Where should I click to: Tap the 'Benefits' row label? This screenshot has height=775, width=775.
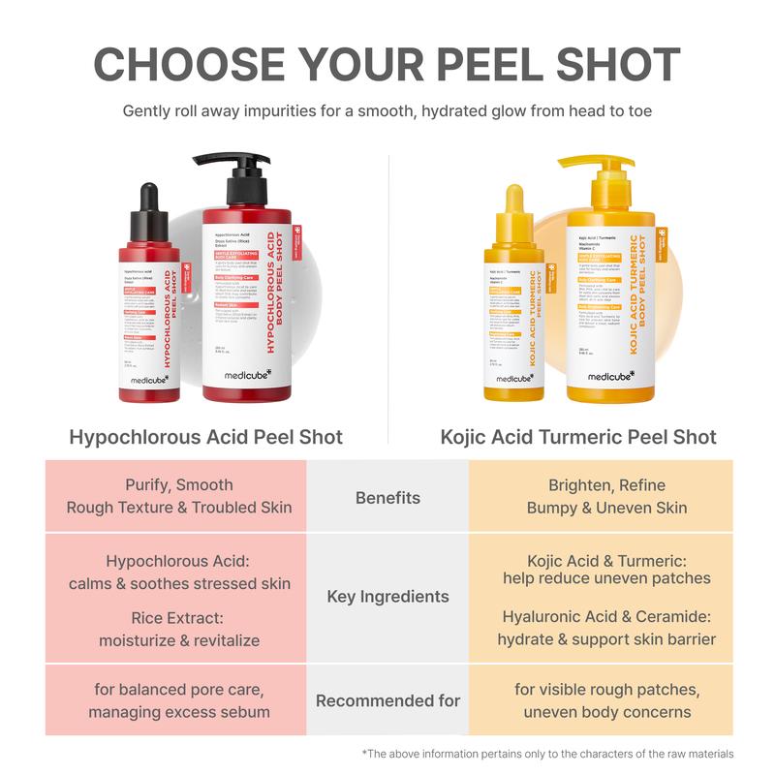click(x=387, y=498)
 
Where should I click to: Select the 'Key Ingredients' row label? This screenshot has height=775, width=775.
click(x=387, y=597)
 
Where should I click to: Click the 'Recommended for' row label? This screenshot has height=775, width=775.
click(x=387, y=699)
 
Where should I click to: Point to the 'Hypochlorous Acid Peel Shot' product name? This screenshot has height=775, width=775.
click(x=206, y=437)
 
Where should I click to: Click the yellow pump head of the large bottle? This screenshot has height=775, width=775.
click(x=596, y=174)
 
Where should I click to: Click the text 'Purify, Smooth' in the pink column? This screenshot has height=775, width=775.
click(x=179, y=485)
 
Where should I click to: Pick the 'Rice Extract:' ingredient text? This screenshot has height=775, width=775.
click(x=179, y=618)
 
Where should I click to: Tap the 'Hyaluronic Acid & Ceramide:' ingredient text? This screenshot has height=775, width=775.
click(x=607, y=616)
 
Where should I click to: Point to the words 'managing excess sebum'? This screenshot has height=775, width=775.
click(x=179, y=712)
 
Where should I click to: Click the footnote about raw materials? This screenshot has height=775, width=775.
click(x=548, y=754)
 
